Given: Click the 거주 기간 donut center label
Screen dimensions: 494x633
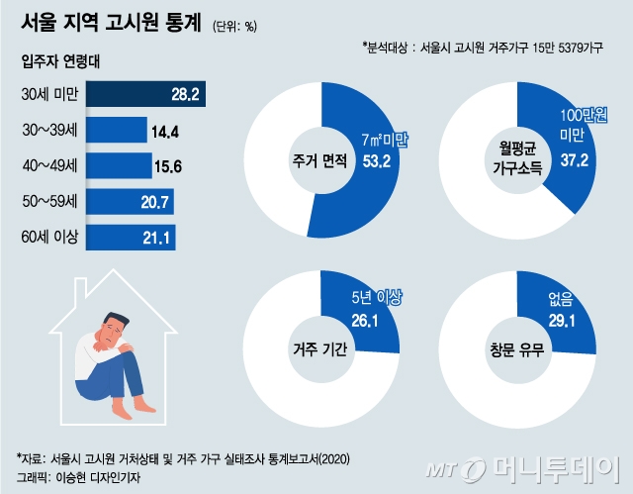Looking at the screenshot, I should pyautogui.click(x=319, y=347).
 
